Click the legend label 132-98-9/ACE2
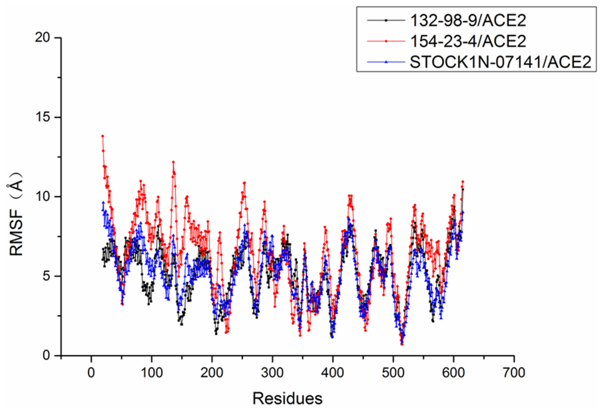tap(468, 20)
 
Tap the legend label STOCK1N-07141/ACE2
tap(501, 62)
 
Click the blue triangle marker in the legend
tap(386, 62)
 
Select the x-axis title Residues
tap(287, 398)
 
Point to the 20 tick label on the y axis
tap(43, 38)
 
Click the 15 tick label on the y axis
tap(43, 118)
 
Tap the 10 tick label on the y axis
tap(43, 197)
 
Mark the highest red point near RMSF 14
tap(103, 136)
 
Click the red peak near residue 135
tap(173, 162)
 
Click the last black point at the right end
tap(463, 189)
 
